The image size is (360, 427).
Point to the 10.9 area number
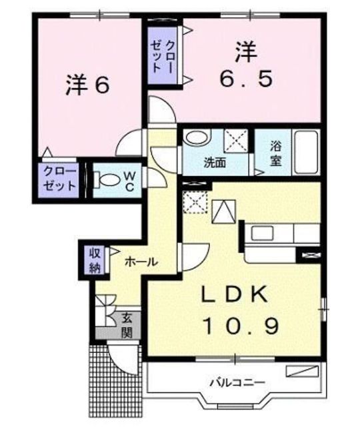tap(241, 327)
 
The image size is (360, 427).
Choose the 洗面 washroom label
tap(215, 162)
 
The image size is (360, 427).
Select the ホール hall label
tap(140, 262)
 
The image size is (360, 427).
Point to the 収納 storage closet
tap(95, 260)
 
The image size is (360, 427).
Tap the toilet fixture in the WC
tap(107, 179)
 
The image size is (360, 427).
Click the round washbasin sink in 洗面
tap(195, 139)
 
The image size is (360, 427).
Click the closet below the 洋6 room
tap(59, 179)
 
